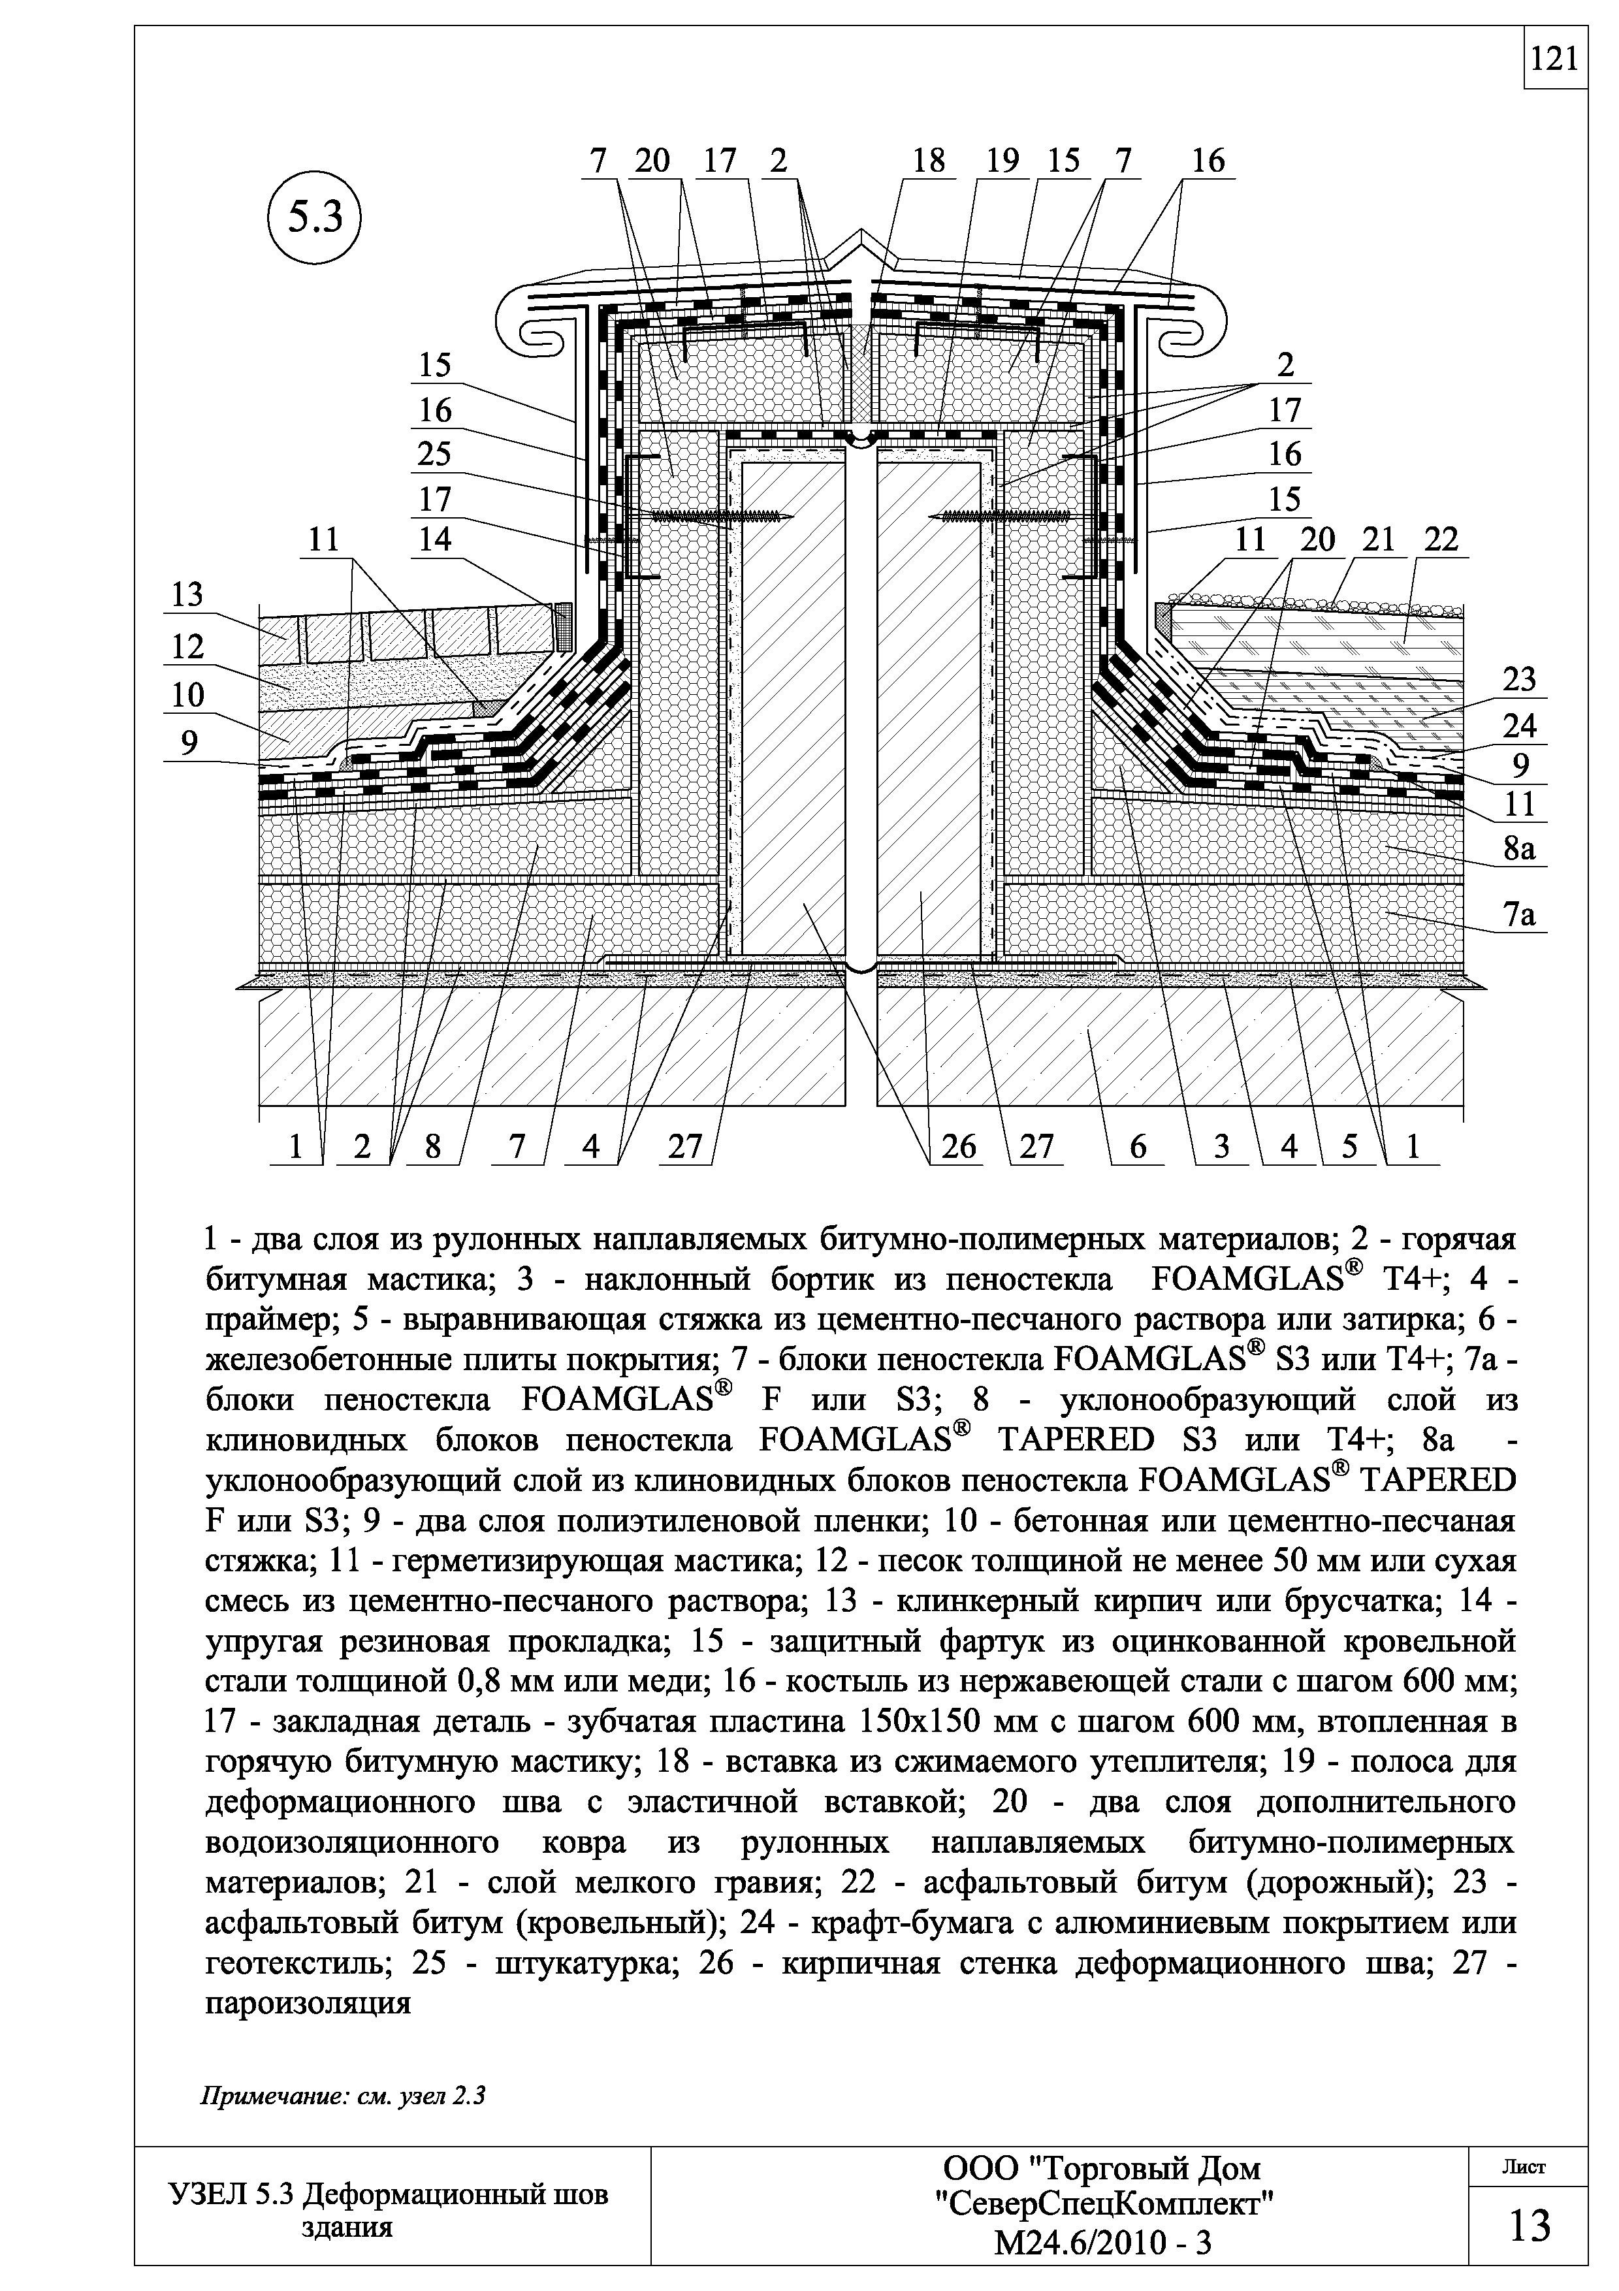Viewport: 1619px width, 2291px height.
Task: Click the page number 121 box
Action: (1555, 61)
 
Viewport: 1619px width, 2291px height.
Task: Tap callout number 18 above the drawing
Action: (927, 161)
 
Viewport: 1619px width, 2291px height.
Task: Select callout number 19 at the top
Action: (1002, 161)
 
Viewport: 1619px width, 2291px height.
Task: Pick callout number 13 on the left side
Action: (187, 595)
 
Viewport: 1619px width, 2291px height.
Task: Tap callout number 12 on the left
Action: (187, 648)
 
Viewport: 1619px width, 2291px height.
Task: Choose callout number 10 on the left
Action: (187, 694)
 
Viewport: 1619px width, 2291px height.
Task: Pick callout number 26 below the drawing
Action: (957, 1147)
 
